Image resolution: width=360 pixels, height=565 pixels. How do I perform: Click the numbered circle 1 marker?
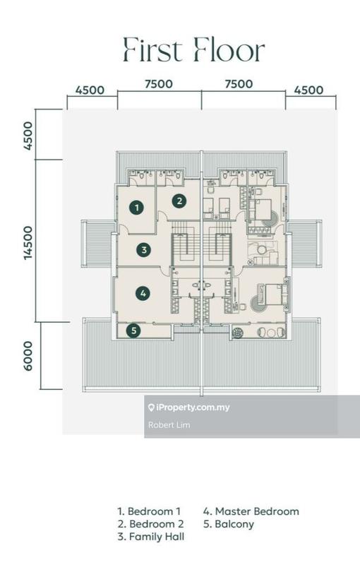click(136, 207)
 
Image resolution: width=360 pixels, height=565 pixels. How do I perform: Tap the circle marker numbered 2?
click(179, 201)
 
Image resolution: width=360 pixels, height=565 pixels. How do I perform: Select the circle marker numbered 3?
click(144, 250)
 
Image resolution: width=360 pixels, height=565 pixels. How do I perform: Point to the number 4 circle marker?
click(143, 293)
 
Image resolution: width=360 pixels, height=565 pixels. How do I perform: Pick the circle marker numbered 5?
click(133, 331)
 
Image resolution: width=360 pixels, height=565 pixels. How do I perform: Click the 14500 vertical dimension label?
click(28, 243)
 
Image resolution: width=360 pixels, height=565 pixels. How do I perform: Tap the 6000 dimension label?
click(28, 356)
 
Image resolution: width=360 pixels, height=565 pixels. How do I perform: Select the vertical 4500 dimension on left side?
click(28, 136)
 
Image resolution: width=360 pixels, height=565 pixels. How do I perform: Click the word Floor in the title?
click(229, 49)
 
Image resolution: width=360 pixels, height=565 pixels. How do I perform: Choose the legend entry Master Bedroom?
click(251, 511)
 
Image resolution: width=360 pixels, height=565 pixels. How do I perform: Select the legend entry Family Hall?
click(151, 537)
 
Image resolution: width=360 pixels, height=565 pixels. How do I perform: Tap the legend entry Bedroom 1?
click(149, 511)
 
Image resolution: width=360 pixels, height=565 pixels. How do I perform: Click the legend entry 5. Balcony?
click(229, 524)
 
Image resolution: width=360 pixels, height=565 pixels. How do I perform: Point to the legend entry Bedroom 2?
click(150, 524)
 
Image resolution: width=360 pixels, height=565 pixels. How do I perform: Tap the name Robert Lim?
click(169, 425)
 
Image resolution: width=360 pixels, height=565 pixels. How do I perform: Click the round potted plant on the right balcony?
click(238, 332)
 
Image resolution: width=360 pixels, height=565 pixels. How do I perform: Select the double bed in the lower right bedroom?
click(273, 295)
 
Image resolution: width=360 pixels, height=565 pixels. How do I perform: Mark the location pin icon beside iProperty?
click(151, 408)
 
